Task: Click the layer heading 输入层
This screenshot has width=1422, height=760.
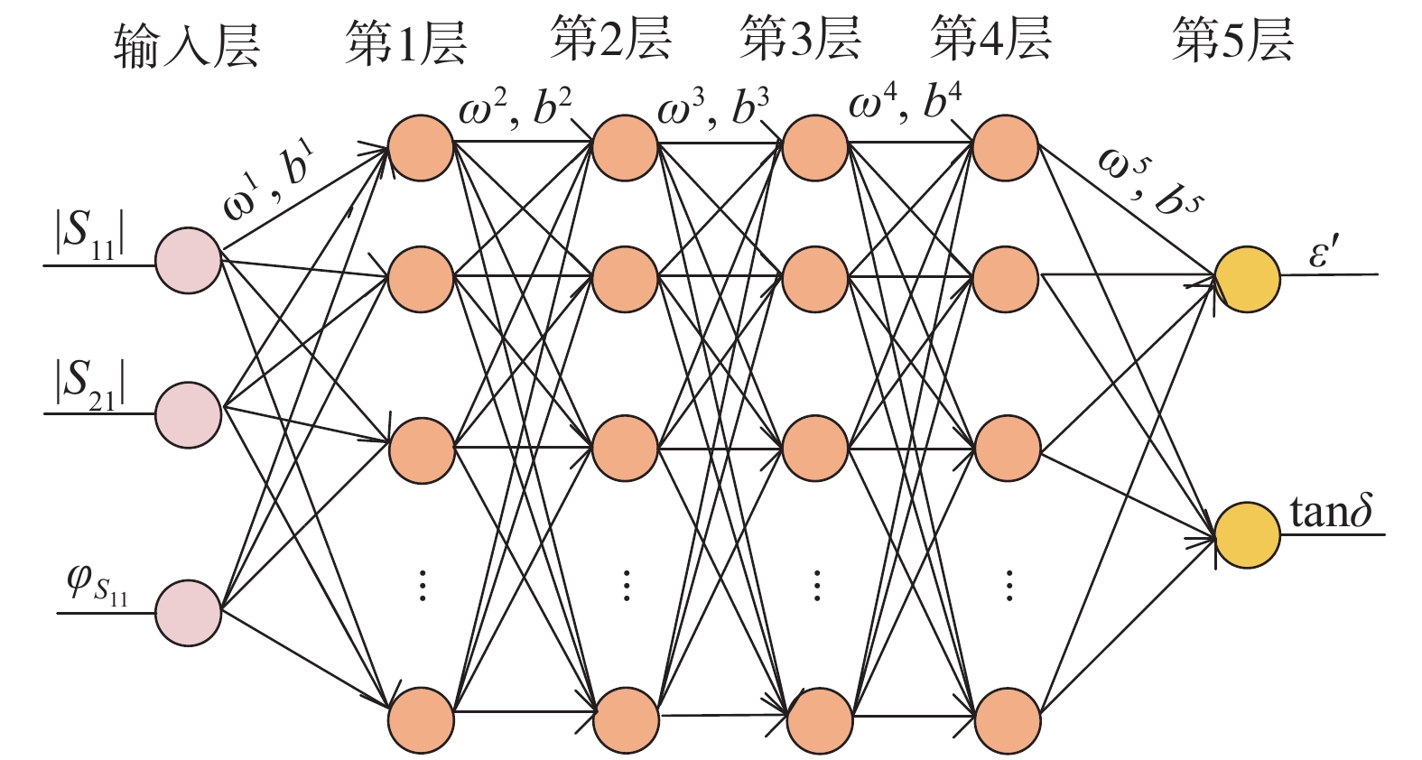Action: [x=186, y=45]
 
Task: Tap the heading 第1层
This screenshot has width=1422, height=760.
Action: [x=406, y=42]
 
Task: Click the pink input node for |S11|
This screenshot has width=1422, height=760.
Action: [x=188, y=260]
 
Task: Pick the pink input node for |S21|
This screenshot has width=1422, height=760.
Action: [x=188, y=414]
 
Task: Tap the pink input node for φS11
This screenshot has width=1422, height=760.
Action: [x=188, y=612]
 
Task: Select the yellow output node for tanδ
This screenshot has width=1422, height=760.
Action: [x=1247, y=535]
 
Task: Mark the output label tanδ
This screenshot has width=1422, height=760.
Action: [x=1331, y=512]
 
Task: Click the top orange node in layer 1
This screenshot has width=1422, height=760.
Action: [x=421, y=148]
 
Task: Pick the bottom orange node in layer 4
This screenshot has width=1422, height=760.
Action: [x=1007, y=721]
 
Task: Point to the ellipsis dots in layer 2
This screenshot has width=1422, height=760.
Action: [x=626, y=585]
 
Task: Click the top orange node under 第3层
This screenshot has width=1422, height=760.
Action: [x=815, y=148]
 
